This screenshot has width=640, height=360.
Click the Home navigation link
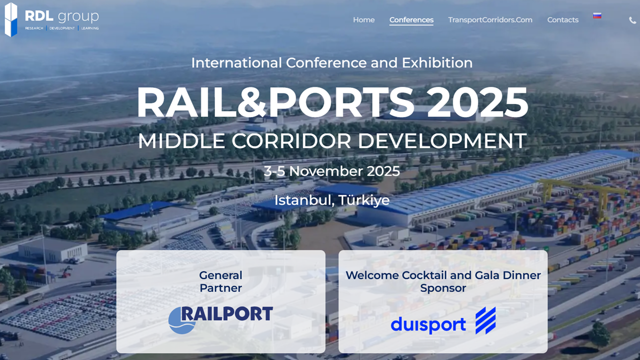(363, 20)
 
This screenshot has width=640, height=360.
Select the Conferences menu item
(411, 20)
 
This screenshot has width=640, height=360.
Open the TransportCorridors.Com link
(490, 20)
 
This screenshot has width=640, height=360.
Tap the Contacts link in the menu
(562, 20)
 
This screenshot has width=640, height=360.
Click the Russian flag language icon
(597, 16)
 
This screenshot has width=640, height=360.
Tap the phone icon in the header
(632, 20)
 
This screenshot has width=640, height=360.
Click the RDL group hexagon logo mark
(11, 19)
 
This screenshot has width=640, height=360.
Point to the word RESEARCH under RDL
(34, 28)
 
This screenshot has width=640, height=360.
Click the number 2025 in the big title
(477, 102)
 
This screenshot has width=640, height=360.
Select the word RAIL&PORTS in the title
(275, 102)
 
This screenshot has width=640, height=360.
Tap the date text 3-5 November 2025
(332, 171)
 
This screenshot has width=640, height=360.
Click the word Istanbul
(303, 200)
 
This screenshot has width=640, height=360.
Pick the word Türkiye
(364, 200)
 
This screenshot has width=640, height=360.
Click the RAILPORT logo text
(226, 314)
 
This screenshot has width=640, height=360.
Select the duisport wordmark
(428, 324)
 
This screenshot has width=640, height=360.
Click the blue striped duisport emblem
(485, 320)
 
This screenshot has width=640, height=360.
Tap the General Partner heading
(220, 281)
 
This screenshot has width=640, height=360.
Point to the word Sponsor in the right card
(443, 288)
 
